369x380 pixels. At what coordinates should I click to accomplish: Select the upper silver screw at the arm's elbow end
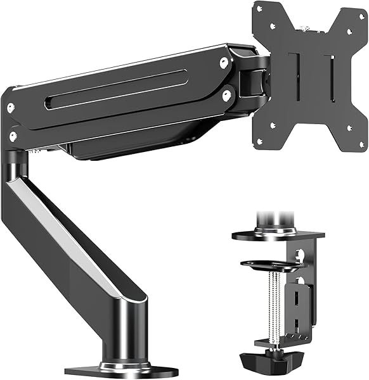[x=11, y=108]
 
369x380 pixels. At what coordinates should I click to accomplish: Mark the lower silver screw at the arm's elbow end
[x=13, y=135]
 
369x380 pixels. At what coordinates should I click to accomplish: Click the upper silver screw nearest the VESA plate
[x=224, y=62]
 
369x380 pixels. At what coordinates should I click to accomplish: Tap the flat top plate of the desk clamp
[x=278, y=235]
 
